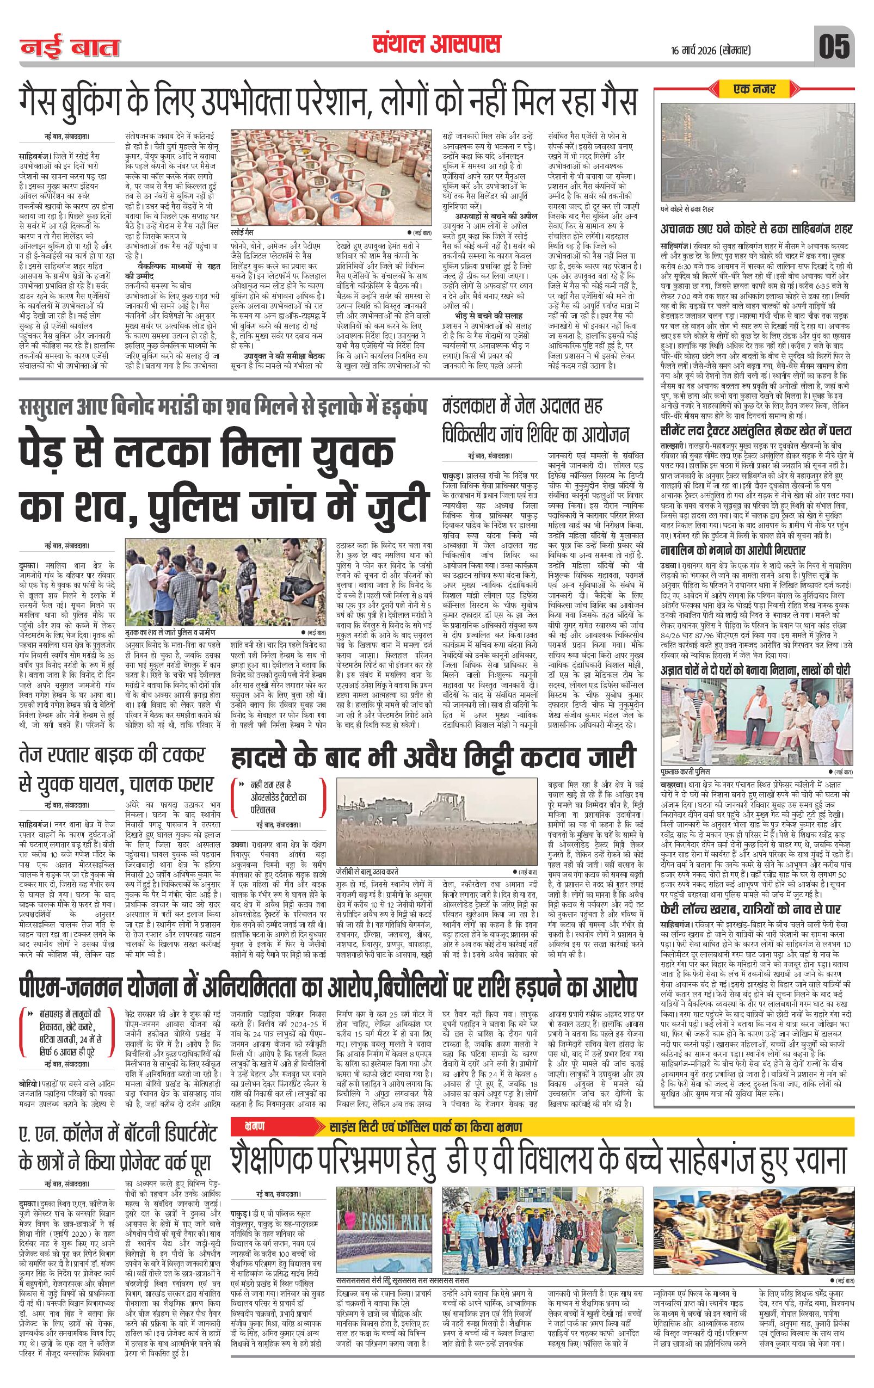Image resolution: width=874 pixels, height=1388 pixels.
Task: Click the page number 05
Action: click(x=834, y=47)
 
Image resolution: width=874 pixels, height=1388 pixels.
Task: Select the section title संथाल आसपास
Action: click(x=436, y=45)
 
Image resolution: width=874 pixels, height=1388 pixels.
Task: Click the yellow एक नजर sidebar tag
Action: click(x=754, y=89)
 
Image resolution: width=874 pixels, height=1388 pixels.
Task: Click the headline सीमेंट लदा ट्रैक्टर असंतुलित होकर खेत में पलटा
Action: click(x=756, y=430)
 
